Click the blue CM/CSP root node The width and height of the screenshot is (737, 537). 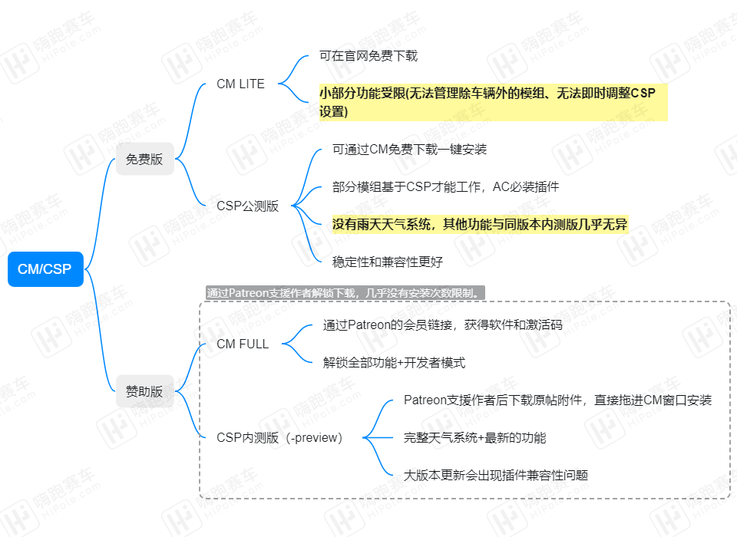pyautogui.click(x=45, y=269)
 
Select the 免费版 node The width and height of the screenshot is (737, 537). pyautogui.click(x=145, y=160)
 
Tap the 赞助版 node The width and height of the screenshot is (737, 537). pyautogui.click(x=145, y=391)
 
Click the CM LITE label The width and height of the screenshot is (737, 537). pyautogui.click(x=240, y=84)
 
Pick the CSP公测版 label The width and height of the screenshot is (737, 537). pyautogui.click(x=248, y=206)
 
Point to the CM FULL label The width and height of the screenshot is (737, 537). pyautogui.click(x=243, y=344)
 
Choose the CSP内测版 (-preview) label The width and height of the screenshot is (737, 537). pyautogui.click(x=279, y=438)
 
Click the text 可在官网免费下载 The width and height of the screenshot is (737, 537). pyautogui.click(x=368, y=56)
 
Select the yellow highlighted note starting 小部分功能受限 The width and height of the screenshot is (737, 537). pyautogui.click(x=494, y=103)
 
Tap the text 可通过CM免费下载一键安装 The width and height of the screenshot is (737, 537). pyautogui.click(x=409, y=150)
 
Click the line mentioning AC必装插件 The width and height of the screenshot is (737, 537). pyautogui.click(x=445, y=187)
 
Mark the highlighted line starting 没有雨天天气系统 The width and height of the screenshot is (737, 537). pyautogui.click(x=480, y=225)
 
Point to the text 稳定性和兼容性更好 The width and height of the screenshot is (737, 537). pyautogui.click(x=387, y=262)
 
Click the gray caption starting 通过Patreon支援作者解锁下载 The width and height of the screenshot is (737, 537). pyautogui.click(x=345, y=293)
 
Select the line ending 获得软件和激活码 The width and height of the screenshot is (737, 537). pyautogui.click(x=442, y=325)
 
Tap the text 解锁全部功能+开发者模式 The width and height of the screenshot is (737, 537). pyautogui.click(x=394, y=363)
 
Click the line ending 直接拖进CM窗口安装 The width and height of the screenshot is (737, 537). pyautogui.click(x=557, y=400)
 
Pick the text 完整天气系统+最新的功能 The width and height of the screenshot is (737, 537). pyautogui.click(x=474, y=438)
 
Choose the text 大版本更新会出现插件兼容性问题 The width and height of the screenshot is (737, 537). pyautogui.click(x=496, y=476)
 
